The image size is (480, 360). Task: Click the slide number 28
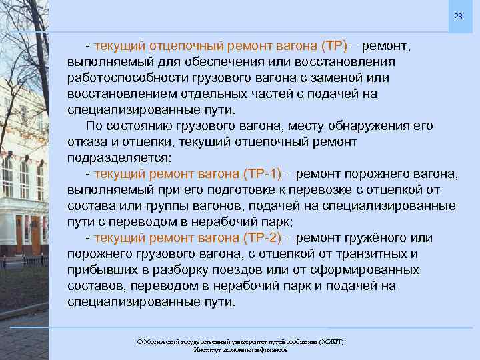click(458, 16)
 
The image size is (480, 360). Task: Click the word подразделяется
click(119, 158)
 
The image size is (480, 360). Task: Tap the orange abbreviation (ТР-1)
click(255, 174)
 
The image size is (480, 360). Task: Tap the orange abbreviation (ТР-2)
click(255, 238)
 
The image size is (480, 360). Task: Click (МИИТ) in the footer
click(331, 341)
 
